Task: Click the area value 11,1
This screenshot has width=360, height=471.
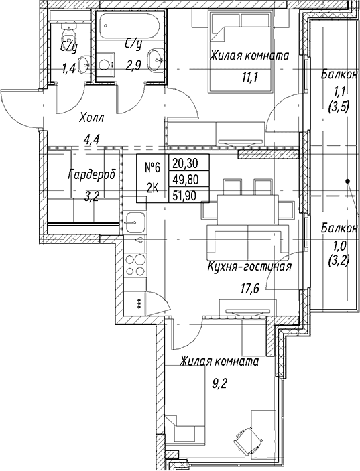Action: [249, 78]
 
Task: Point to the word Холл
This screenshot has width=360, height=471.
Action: [91, 119]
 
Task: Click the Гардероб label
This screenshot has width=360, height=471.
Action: [92, 174]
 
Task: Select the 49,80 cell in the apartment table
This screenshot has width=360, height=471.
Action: [185, 180]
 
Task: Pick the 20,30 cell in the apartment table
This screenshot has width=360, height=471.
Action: [185, 163]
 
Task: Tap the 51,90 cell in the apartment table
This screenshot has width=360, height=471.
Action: [185, 196]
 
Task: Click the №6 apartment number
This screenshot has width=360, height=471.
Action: [153, 167]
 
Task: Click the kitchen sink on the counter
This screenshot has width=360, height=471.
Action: [135, 222]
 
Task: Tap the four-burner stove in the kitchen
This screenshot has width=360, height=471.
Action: [135, 265]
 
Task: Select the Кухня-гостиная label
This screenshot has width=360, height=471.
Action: [249, 267]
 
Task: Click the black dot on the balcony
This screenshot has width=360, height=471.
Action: [348, 181]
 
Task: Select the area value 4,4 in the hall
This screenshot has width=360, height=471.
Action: [92, 139]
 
